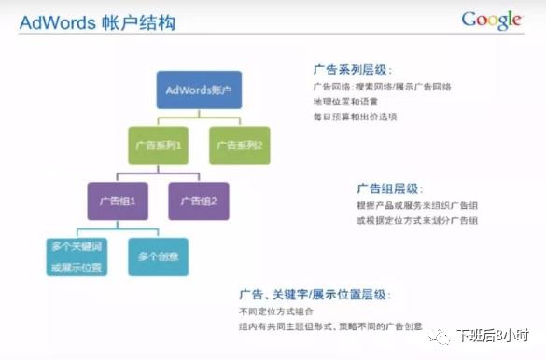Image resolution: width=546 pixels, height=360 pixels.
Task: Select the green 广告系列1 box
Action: click(x=160, y=145)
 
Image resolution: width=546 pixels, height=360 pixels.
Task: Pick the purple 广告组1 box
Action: click(x=118, y=201)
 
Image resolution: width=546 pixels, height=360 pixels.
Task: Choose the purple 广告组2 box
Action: click(x=198, y=201)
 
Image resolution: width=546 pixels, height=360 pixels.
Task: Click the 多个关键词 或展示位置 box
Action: click(x=77, y=256)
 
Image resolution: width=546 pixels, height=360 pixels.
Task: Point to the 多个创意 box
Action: click(x=158, y=256)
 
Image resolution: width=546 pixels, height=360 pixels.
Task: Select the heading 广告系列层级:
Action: click(x=353, y=70)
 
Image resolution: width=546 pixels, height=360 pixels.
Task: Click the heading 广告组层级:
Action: click(x=388, y=187)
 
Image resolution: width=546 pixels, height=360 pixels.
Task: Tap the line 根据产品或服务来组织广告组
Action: click(x=410, y=205)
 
